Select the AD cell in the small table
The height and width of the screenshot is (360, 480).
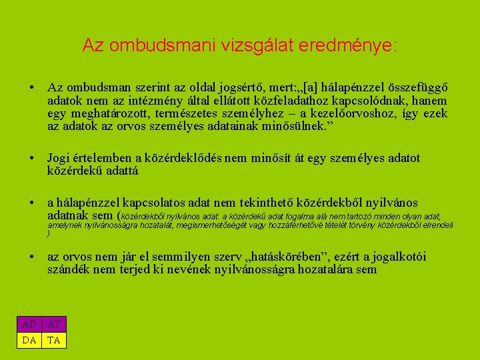29,324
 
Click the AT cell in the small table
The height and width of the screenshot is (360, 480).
55,324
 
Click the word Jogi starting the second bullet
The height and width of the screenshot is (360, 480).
59,158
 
